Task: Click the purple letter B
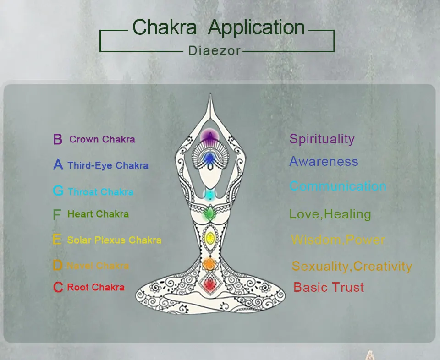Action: [58, 139]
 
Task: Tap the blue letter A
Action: [58, 165]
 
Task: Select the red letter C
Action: [58, 288]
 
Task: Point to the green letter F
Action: [57, 214]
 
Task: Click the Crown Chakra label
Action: [102, 139]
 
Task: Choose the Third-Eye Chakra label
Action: [108, 165]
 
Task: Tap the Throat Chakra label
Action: [100, 192]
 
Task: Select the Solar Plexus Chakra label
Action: [114, 240]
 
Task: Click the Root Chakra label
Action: [96, 288]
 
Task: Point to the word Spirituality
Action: [322, 139]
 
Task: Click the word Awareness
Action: [324, 161]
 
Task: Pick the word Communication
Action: [338, 186]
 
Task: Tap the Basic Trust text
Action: [329, 288]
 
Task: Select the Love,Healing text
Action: [330, 214]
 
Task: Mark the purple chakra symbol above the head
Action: [209, 136]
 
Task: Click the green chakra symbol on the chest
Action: [209, 213]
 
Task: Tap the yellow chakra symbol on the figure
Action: [209, 237]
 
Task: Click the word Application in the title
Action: [256, 27]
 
